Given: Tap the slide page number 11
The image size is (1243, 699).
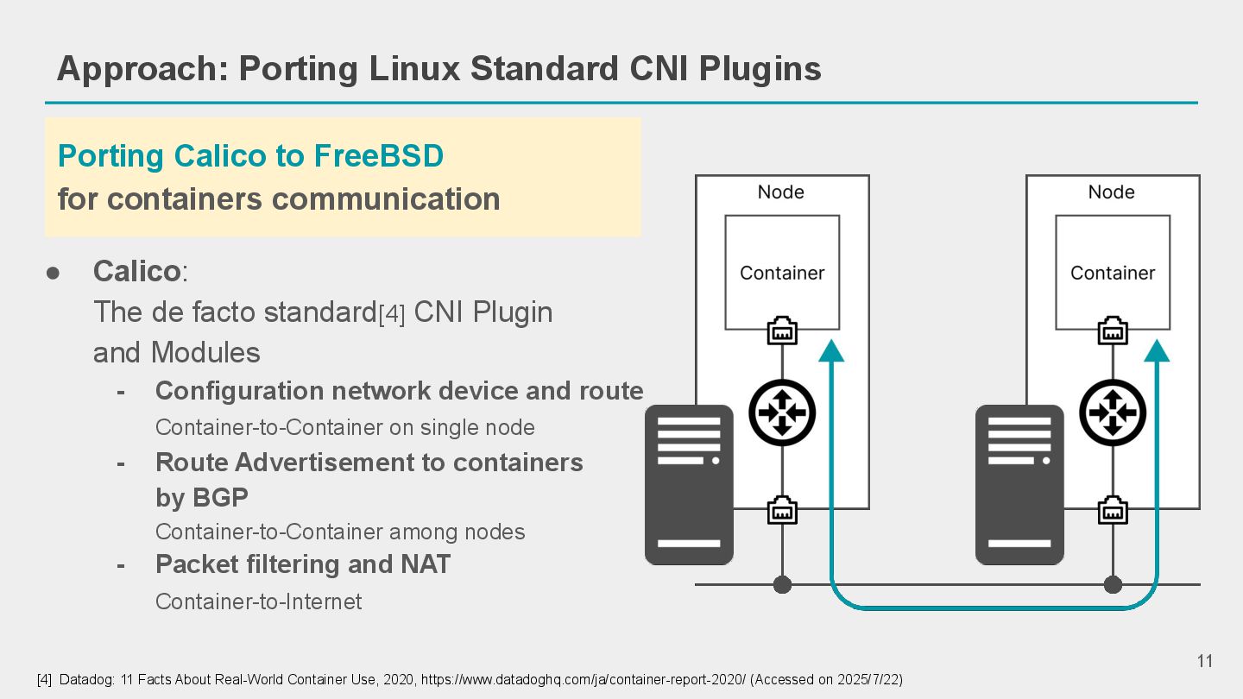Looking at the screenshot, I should pyautogui.click(x=1205, y=662).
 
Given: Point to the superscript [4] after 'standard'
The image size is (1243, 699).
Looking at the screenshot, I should pyautogui.click(x=392, y=315).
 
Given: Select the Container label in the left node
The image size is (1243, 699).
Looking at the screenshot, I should pyautogui.click(x=782, y=273).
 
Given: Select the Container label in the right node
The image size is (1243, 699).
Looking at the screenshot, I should pyautogui.click(x=1113, y=273).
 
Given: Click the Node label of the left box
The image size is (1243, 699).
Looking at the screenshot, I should pyautogui.click(x=781, y=192).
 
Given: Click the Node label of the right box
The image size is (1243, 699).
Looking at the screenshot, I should pyautogui.click(x=1111, y=192).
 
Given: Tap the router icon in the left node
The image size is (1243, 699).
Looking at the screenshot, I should pyautogui.click(x=782, y=412).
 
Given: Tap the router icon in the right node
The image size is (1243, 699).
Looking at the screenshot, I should pyautogui.click(x=1113, y=412).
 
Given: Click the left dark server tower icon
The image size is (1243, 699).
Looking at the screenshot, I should pyautogui.click(x=689, y=485).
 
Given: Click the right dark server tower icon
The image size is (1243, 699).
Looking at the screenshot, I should pyautogui.click(x=1019, y=485).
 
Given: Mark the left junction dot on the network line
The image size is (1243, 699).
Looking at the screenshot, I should pyautogui.click(x=782, y=585).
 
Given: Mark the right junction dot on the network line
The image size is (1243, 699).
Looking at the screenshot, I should pyautogui.click(x=1113, y=585).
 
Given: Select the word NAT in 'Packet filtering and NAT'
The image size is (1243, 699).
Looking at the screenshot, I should pyautogui.click(x=425, y=564).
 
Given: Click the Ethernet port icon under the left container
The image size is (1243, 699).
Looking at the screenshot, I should pyautogui.click(x=782, y=331).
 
